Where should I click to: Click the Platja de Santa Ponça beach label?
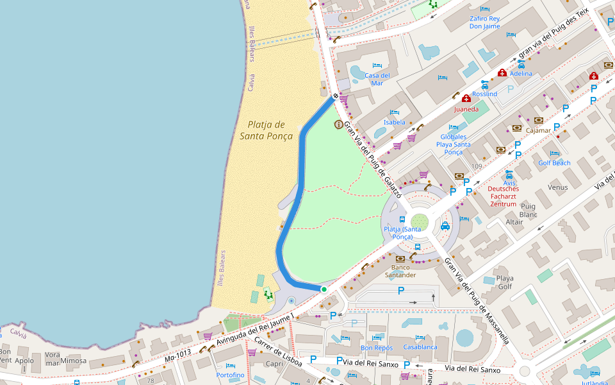coord(266,130)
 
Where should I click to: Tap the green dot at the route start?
coord(324,289)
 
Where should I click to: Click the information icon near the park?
coord(338,124)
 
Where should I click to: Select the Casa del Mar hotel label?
coord(377,79)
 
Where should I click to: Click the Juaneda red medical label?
coord(466,109)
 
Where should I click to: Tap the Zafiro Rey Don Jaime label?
coord(484,22)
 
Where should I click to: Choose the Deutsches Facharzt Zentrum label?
coord(503,196)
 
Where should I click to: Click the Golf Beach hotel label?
coord(554,163)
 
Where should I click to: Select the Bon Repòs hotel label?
coord(377,348)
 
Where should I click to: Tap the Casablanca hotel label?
coord(420,347)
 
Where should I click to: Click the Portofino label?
coord(230,375)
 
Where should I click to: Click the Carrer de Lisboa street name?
coord(279,352)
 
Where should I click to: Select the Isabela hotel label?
coord(395,122)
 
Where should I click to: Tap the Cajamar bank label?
coord(538,130)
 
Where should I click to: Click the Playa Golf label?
coord(505,282)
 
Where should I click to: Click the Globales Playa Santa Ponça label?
coord(453,144)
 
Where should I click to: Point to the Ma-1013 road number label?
coord(177,355)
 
